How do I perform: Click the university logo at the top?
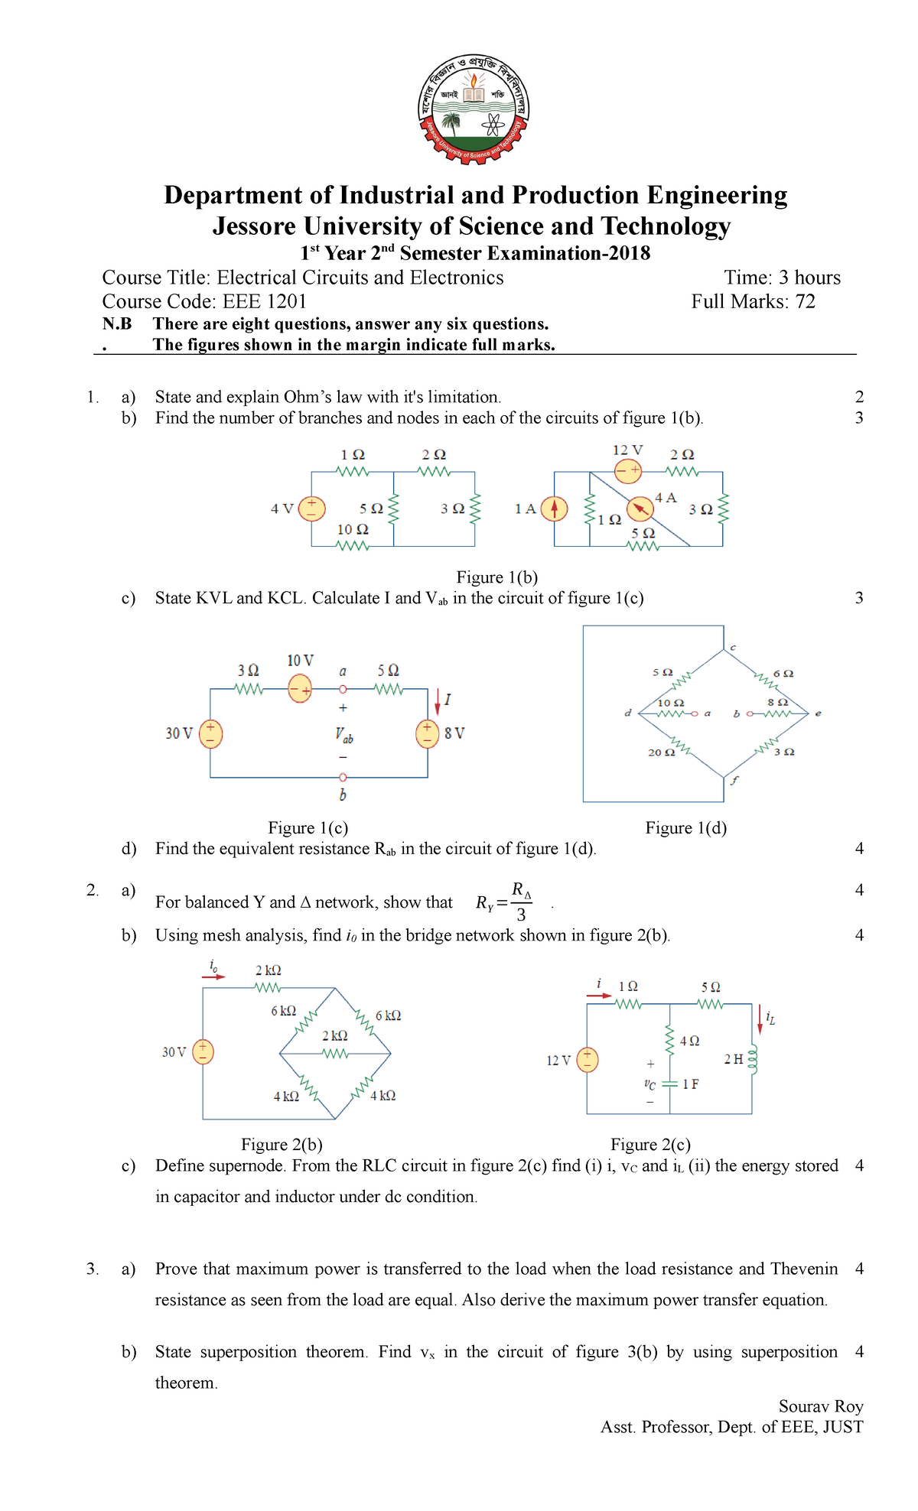(474, 109)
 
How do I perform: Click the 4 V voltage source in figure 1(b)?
(311, 509)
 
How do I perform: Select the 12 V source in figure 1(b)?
(628, 470)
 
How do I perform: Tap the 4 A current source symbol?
(640, 509)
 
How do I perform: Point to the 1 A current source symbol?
(555, 509)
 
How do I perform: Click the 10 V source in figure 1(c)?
(300, 690)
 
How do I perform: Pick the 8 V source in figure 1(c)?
(427, 733)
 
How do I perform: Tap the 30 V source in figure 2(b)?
(203, 1052)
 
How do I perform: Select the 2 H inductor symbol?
(752, 1059)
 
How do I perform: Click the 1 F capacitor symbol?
(669, 1084)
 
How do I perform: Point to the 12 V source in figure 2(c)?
(587, 1060)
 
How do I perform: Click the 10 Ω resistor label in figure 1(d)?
(671, 703)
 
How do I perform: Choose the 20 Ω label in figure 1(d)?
(661, 752)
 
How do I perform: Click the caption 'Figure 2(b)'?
(282, 1145)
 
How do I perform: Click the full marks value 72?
(806, 301)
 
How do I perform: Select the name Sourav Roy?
(821, 1406)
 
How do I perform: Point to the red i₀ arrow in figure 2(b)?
(214, 976)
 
